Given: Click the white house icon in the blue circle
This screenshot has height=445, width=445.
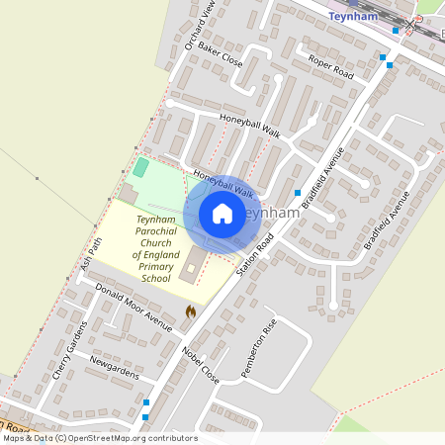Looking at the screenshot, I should tap(222, 214).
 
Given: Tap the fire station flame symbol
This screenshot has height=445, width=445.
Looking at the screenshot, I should tap(191, 311).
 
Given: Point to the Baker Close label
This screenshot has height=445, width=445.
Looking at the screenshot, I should tap(220, 53).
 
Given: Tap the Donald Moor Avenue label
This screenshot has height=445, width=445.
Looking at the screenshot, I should tap(129, 303).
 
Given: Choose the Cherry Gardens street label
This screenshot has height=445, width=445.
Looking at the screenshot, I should tap(69, 352).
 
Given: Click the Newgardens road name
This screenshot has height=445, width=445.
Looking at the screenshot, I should tap(113, 365).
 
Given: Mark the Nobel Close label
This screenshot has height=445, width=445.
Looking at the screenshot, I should tap(201, 363).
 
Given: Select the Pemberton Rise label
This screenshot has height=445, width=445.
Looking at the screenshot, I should tap(259, 348).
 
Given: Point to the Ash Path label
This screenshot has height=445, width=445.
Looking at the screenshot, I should tap(93, 254).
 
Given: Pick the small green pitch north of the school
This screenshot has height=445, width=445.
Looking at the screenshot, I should tap(140, 168).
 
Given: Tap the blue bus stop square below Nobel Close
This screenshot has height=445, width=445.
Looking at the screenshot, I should tap(147, 402).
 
